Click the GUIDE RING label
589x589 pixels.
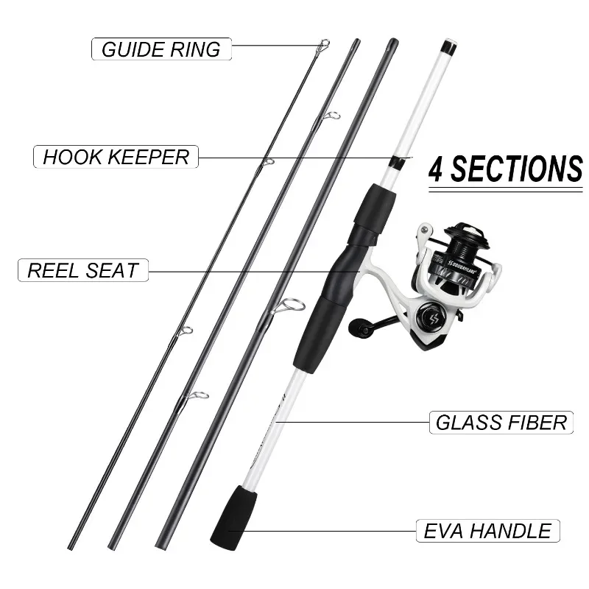coord(161,49)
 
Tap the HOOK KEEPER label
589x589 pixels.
coord(116,157)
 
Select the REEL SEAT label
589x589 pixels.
coord(82,270)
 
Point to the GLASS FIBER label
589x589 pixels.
coord(501,423)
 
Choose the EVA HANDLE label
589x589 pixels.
coord(487,531)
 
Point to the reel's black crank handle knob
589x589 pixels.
coord(361,325)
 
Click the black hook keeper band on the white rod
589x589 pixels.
coord(397,161)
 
